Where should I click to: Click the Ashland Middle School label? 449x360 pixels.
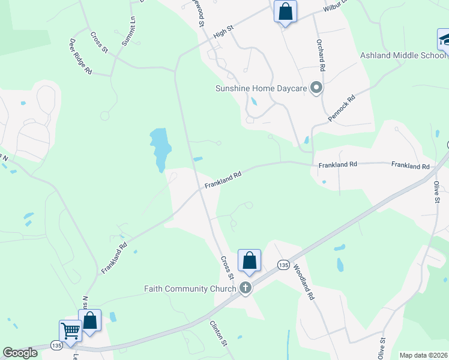(403, 56)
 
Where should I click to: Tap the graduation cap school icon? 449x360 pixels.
(445, 40)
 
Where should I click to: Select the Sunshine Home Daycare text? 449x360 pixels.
(261, 89)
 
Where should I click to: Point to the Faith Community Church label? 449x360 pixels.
(190, 289)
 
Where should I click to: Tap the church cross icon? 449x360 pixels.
(246, 289)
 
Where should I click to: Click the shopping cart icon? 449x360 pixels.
(70, 331)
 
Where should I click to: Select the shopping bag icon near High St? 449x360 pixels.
(285, 11)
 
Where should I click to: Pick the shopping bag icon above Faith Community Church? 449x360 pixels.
(249, 260)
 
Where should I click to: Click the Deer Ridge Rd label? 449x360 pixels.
(80, 56)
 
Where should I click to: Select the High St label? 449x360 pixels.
(222, 31)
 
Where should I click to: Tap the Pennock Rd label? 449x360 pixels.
(342, 107)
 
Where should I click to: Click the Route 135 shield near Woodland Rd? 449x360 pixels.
(283, 265)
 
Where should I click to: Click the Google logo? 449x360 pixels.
(20, 353)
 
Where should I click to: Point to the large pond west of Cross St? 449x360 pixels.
(160, 147)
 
